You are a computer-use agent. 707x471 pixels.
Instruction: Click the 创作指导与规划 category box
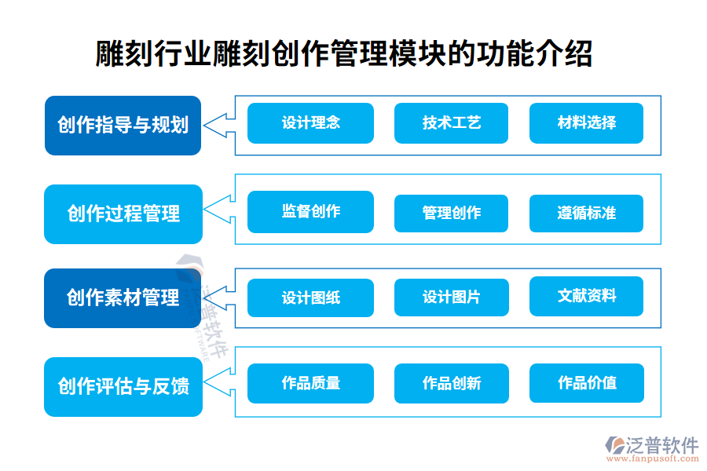pos(123,126)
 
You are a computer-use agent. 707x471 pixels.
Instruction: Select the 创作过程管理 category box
pos(123,214)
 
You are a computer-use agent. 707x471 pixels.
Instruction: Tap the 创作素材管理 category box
pos(123,298)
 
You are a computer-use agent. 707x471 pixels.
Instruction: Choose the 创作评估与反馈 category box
pos(123,386)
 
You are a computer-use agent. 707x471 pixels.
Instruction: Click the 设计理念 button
pos(310,123)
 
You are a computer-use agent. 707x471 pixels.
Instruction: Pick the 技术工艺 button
pos(451,123)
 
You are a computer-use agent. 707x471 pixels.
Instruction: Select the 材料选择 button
pos(586,123)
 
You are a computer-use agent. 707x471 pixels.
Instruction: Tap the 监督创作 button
pos(310,212)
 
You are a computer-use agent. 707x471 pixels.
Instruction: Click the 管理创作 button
pos(451,213)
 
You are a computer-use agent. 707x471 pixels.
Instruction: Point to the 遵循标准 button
pos(586,213)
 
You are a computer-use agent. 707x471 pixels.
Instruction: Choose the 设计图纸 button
pos(310,298)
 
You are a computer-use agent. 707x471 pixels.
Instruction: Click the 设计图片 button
pos(451,298)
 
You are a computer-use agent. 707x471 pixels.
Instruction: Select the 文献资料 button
pos(586,296)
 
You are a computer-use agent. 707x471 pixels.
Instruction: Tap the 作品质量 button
pos(310,383)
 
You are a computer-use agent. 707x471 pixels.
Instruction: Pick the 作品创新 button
pos(451,383)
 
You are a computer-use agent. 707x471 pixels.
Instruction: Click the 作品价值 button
pos(586,383)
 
